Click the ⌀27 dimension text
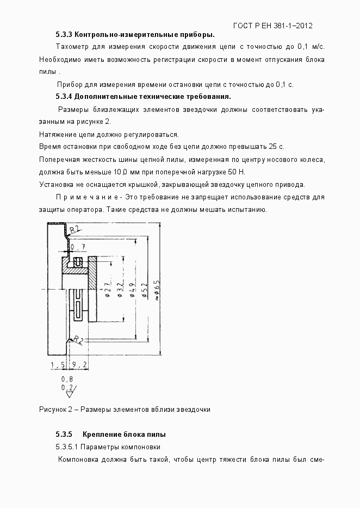coord(107,289)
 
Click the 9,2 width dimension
coord(79,365)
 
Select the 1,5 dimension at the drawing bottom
coord(57,365)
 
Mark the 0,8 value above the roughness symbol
coord(67,379)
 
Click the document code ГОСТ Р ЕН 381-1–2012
coord(272,26)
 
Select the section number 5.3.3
coord(64,34)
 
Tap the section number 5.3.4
coord(64,97)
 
